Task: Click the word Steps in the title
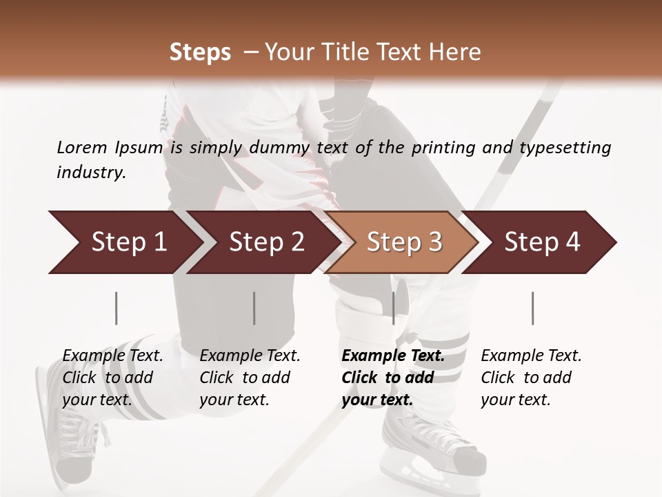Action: tap(200, 52)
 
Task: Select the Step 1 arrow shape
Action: tap(124, 242)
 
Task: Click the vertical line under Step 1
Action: tap(116, 308)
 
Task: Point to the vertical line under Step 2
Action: tap(254, 308)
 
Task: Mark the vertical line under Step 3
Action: tap(393, 308)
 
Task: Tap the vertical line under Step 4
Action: tap(532, 308)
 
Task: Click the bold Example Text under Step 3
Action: tap(393, 356)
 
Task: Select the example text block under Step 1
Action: tap(112, 378)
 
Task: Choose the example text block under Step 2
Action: tap(250, 378)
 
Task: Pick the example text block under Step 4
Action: tap(531, 378)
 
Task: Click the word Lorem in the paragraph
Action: tap(81, 148)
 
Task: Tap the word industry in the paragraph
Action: tap(90, 173)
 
